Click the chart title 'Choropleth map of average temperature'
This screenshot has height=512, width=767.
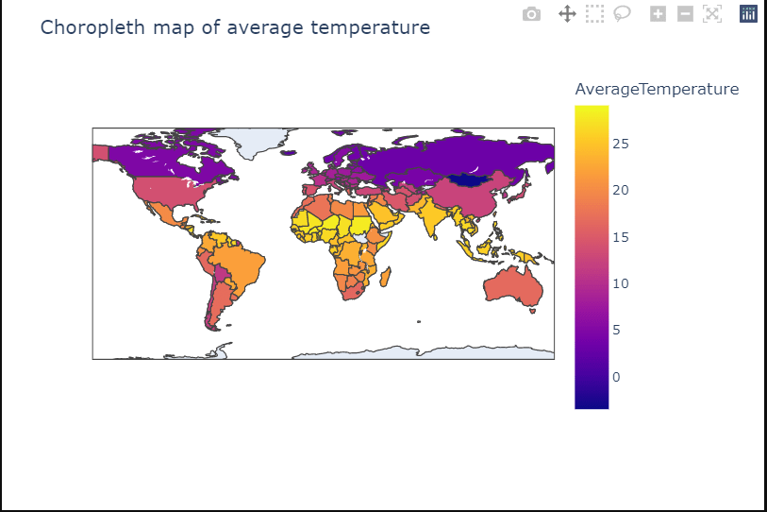(x=235, y=28)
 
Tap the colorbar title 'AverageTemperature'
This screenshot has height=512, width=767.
(x=657, y=90)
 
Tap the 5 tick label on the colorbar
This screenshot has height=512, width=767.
(x=616, y=330)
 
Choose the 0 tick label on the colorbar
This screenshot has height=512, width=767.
(x=616, y=377)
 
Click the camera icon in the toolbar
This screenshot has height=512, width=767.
(x=532, y=14)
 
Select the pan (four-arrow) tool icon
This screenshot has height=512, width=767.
(x=567, y=14)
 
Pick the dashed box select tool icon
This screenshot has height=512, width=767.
(x=594, y=14)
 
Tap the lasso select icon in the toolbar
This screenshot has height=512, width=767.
(x=622, y=14)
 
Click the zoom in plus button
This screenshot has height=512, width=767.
(x=659, y=14)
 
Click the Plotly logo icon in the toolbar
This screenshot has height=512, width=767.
(x=748, y=14)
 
